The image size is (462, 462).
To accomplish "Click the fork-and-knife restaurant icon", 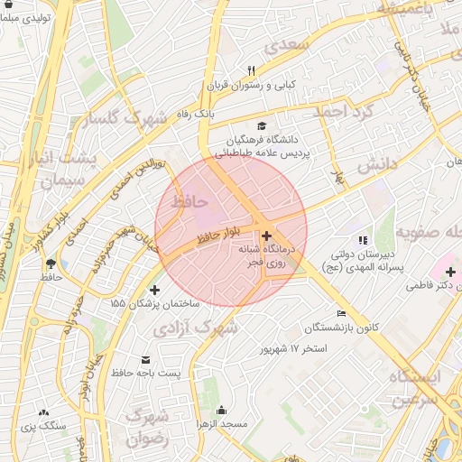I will (x=252, y=69).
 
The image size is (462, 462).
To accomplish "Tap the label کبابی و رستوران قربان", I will (x=252, y=85).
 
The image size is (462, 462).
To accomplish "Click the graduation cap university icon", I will (x=262, y=126).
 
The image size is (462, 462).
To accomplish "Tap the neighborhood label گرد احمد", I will (x=343, y=112).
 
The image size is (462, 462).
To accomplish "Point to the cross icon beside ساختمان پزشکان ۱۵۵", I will (x=154, y=291).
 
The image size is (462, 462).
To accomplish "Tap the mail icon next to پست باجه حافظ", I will (x=146, y=358).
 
